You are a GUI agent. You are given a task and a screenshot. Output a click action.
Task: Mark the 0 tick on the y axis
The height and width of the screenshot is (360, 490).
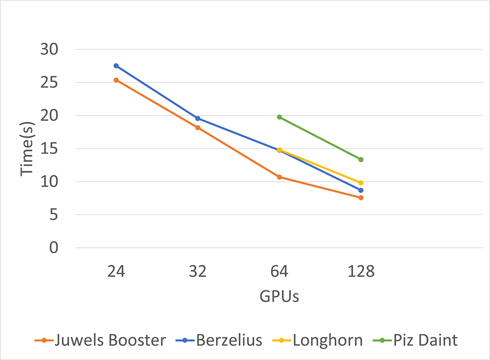click(x=53, y=248)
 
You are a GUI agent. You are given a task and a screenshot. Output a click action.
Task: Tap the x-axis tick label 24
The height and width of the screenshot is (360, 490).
click(x=116, y=271)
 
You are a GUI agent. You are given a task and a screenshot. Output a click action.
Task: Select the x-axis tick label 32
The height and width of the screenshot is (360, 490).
click(x=197, y=271)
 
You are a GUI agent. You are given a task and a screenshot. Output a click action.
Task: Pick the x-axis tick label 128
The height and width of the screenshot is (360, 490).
click(x=361, y=271)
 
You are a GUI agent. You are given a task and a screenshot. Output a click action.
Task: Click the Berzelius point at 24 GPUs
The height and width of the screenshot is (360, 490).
click(x=116, y=66)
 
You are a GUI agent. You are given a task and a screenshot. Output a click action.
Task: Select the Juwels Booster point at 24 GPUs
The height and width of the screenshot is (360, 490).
click(x=116, y=80)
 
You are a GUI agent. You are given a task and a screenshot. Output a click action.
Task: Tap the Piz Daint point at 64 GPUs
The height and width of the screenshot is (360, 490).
click(x=279, y=117)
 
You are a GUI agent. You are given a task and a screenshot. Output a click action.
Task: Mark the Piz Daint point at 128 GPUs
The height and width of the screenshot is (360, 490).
click(x=361, y=159)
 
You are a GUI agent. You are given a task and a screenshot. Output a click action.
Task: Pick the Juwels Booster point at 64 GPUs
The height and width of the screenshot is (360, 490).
click(x=279, y=177)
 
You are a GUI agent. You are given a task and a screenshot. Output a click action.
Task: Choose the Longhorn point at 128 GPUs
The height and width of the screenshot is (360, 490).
click(x=361, y=183)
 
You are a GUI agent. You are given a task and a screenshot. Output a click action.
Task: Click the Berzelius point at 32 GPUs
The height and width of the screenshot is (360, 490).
click(x=197, y=119)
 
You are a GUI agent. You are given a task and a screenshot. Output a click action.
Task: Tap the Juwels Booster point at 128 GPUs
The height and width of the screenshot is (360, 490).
click(x=361, y=197)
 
